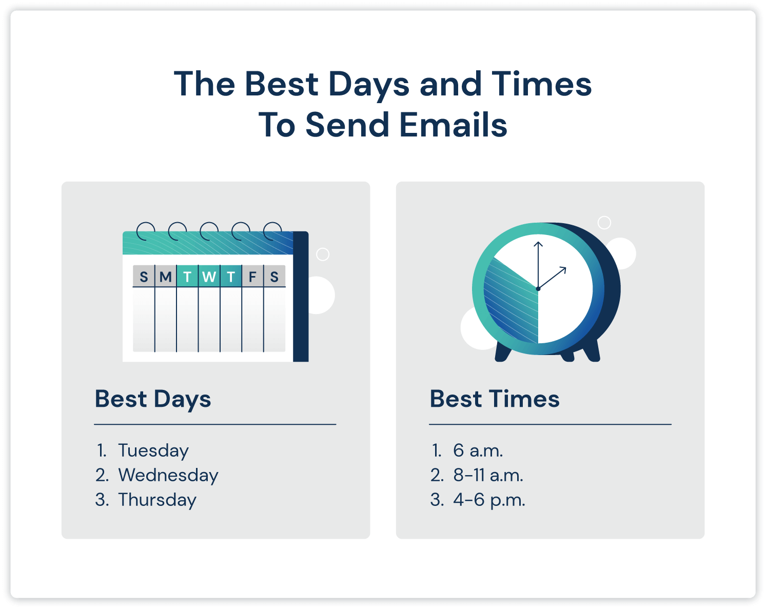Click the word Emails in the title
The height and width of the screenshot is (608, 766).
454,125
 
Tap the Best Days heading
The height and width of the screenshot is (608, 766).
153,399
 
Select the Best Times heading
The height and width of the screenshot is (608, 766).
495,399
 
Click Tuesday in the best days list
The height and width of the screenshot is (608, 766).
153,450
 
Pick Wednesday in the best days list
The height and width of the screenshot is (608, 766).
168,475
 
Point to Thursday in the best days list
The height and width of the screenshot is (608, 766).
157,500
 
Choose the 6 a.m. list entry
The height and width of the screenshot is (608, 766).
478,450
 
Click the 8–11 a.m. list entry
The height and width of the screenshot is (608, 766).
488,475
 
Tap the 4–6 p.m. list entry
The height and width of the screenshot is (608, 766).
489,500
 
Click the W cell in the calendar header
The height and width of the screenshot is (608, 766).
209,277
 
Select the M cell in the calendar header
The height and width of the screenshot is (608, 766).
165,277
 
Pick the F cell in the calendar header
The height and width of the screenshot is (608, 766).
252,277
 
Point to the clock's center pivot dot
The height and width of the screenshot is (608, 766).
538,289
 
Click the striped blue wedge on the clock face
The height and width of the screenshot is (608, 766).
510,303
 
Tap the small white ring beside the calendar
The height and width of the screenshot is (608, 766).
323,254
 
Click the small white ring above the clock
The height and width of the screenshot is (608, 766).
604,222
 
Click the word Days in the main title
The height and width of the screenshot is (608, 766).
369,85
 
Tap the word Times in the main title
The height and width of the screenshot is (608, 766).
541,84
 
